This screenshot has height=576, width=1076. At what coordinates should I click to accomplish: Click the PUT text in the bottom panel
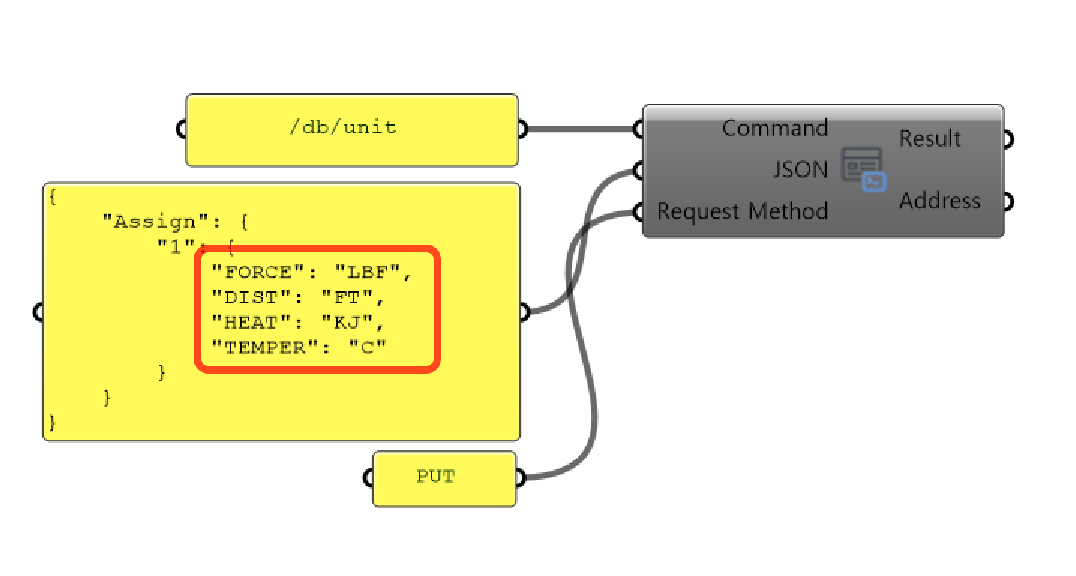coord(436,477)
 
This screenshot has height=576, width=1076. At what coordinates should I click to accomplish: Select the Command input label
coord(774,129)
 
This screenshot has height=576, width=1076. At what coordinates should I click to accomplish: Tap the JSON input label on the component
coord(801,170)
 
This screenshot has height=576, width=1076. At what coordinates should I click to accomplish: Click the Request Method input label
coord(742,211)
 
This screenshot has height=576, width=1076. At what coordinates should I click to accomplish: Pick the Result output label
coord(930,139)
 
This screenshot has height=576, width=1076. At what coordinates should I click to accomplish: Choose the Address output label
coord(939,201)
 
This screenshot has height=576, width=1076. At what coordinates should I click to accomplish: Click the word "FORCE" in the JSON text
coord(252,272)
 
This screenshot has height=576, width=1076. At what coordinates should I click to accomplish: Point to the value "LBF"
coord(364,272)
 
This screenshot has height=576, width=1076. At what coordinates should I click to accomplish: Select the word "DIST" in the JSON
coord(246,298)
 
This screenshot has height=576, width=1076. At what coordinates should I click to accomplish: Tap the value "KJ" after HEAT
coord(346,322)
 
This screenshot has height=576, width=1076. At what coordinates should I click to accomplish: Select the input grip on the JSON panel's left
coord(38,311)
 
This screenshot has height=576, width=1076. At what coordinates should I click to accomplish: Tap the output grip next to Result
coord(1009,139)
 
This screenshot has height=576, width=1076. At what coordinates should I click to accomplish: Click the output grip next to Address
coord(1009,202)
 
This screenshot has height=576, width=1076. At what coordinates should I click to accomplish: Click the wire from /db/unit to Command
coord(582,129)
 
